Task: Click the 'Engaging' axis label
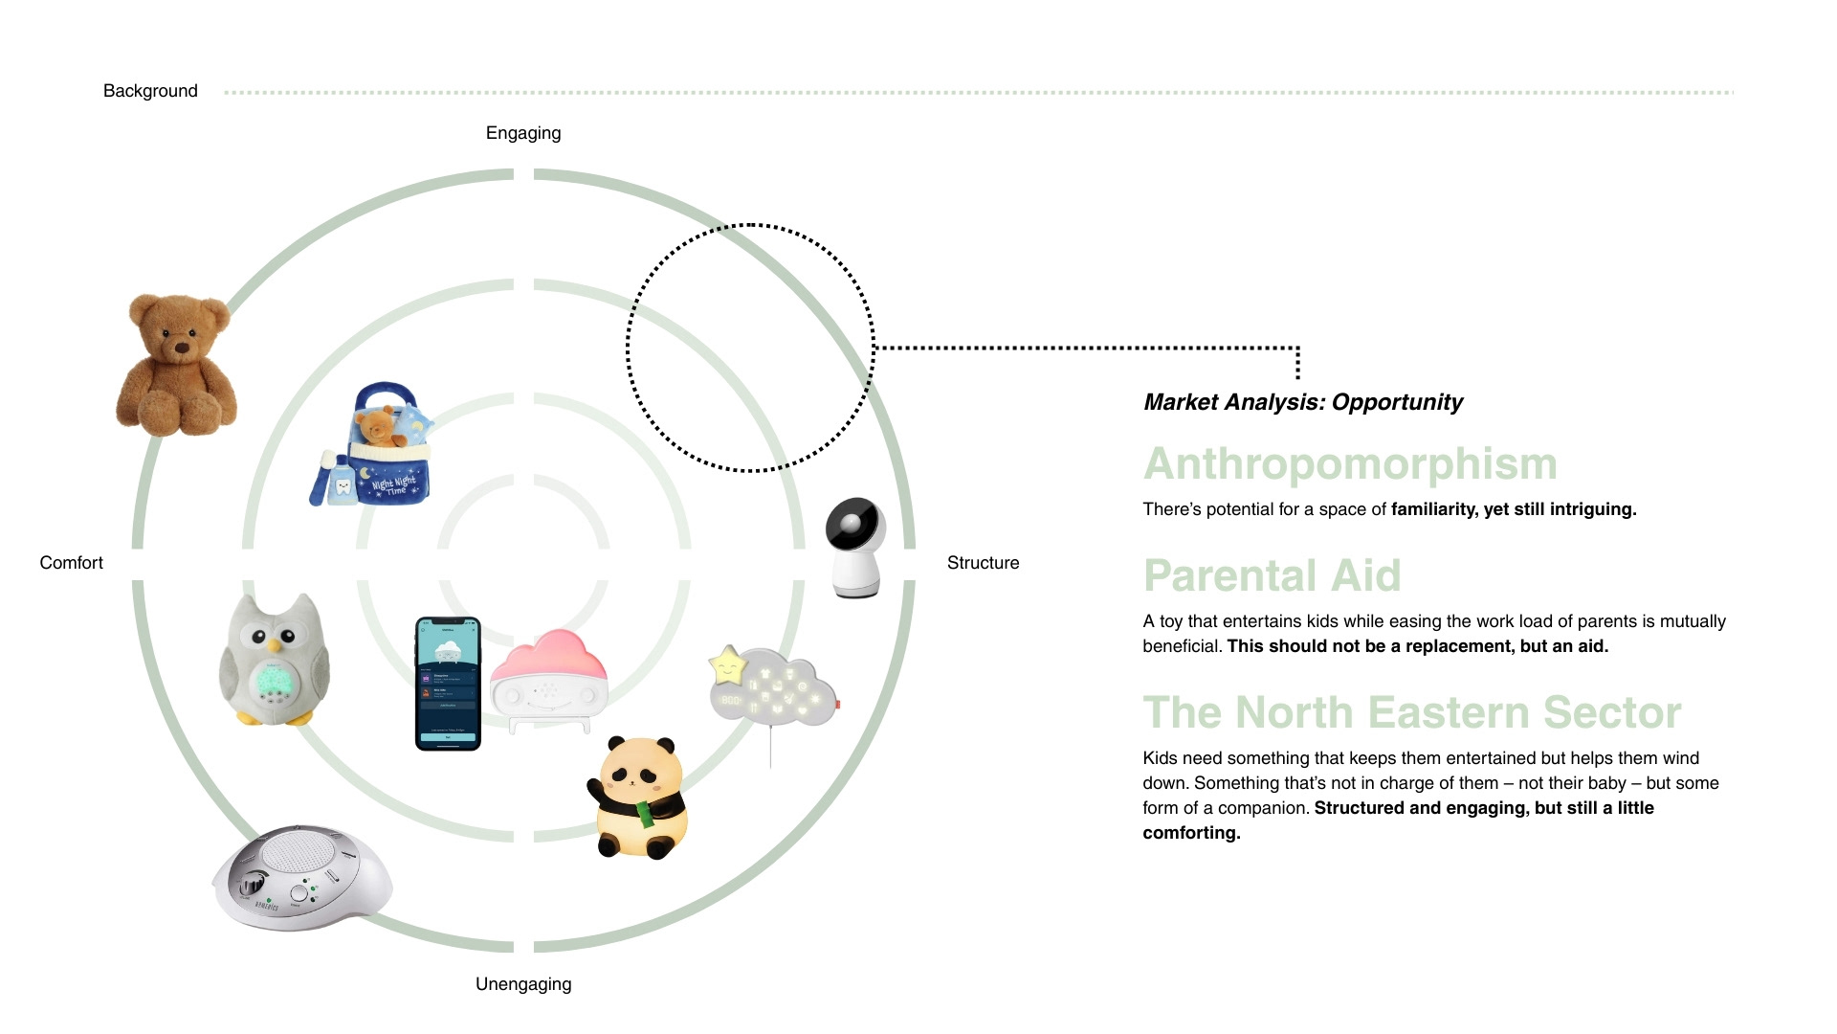pyautogui.click(x=523, y=133)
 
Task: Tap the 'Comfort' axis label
pyautogui.click(x=71, y=563)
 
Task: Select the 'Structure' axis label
pyautogui.click(x=983, y=563)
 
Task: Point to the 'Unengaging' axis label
pyautogui.click(x=523, y=984)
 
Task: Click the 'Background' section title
pyautogui.click(x=150, y=91)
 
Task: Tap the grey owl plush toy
pyautogui.click(x=275, y=660)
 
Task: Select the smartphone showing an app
pyautogui.click(x=448, y=684)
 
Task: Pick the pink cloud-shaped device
pyautogui.click(x=549, y=678)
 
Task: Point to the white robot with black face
pyautogui.click(x=855, y=547)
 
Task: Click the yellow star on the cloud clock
pyautogui.click(x=727, y=664)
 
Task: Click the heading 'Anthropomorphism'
pyautogui.click(x=1350, y=464)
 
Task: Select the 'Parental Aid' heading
pyautogui.click(x=1272, y=576)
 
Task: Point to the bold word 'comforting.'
pyautogui.click(x=1191, y=833)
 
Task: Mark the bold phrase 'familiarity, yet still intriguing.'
pyautogui.click(x=1514, y=509)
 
